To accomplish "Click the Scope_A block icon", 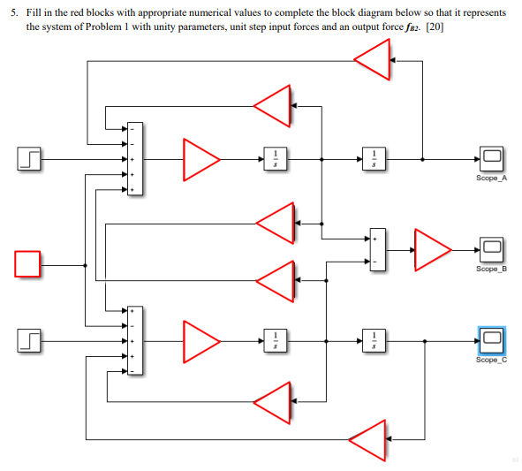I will [490, 159].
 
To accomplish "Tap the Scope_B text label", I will [490, 269].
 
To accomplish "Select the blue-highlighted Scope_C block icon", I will [491, 339].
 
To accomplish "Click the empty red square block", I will [27, 264].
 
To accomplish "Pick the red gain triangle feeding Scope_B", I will [431, 249].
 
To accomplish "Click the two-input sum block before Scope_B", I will [374, 250].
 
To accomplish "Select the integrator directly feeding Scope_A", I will [374, 159].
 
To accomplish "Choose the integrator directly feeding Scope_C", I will [374, 339].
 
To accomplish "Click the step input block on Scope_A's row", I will [29, 159].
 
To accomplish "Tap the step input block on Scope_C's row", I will [29, 339].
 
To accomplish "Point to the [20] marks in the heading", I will [434, 27].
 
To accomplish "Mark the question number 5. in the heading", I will [14, 14].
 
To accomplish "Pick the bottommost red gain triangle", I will [367, 439].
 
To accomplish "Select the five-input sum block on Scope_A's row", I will [133, 159].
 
